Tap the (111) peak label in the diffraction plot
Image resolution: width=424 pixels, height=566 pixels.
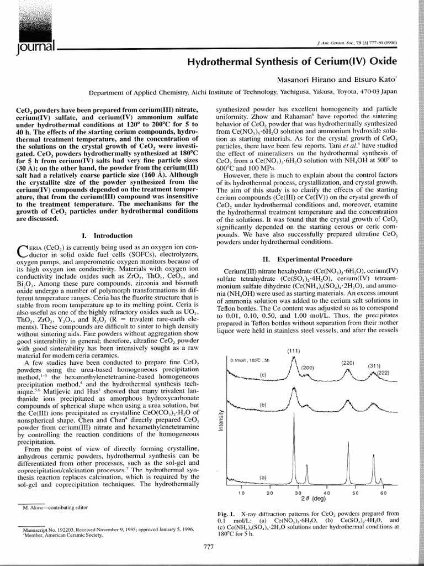coord(293,351)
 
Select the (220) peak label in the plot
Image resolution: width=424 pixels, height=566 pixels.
coord(347,363)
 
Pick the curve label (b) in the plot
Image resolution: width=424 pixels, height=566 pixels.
coord(263,405)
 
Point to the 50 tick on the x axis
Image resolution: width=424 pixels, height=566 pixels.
coord(355,492)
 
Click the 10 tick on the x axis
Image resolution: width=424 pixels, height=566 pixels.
coord(241,492)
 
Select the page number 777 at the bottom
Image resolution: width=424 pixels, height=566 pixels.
coord(208,547)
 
